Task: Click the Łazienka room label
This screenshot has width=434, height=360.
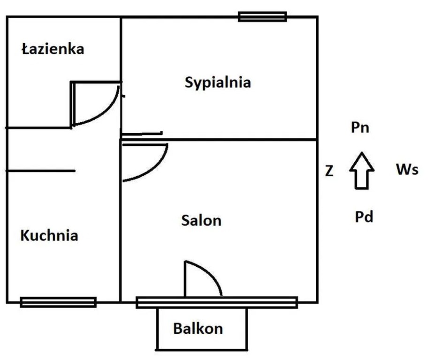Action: click(x=53, y=49)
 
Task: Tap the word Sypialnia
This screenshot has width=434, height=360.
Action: click(x=218, y=82)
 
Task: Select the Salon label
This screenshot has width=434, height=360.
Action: click(x=201, y=220)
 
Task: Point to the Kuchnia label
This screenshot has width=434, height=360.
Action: click(x=49, y=235)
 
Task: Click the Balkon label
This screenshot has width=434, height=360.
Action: click(x=198, y=329)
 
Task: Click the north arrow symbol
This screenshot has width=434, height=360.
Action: click(x=361, y=170)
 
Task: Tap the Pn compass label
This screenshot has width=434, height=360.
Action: click(x=360, y=127)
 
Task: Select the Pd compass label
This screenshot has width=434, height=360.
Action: click(x=364, y=217)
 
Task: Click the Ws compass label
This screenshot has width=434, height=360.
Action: click(x=406, y=170)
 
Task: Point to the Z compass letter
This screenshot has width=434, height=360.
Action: click(x=329, y=172)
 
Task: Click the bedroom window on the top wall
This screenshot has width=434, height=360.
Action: click(x=262, y=17)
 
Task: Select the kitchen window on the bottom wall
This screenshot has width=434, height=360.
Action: click(x=58, y=302)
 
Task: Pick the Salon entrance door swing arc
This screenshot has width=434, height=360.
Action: click(x=155, y=168)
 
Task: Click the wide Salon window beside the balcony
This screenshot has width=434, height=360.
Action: click(x=263, y=302)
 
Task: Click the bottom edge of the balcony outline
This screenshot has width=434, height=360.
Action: click(x=202, y=349)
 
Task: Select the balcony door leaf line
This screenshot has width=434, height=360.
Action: click(x=185, y=279)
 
